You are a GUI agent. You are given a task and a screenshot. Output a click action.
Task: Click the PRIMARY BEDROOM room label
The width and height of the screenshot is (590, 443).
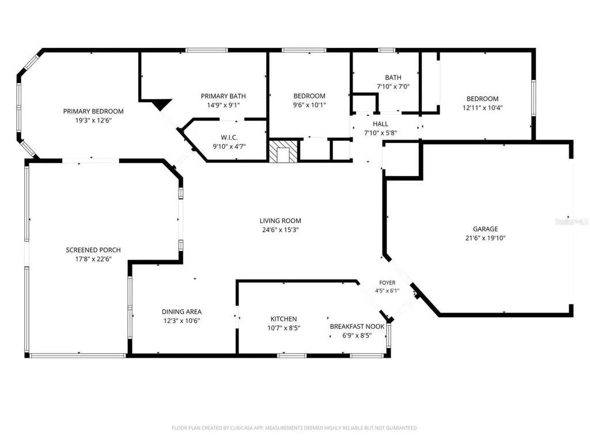pos(93,111)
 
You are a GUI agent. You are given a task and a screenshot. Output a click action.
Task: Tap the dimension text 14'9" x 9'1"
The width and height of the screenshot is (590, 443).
pos(223,105)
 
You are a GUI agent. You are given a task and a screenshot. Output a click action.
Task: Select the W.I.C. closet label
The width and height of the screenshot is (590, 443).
pos(229,137)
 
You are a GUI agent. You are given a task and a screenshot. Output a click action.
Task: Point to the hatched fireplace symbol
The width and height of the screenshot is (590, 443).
pos(283,152)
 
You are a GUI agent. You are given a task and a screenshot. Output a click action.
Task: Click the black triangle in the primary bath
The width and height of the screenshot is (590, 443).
pos(162,104)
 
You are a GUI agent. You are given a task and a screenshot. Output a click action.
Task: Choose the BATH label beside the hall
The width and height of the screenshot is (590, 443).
pos(393,77)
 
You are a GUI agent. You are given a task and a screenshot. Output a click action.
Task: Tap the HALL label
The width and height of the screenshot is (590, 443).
pos(380,123)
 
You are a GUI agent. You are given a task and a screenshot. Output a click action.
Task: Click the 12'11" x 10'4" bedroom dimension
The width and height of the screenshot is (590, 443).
pos(482,108)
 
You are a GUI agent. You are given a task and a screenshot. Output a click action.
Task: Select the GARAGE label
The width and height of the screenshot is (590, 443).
pos(485,228)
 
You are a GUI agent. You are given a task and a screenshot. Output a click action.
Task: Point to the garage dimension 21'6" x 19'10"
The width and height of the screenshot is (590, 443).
pos(485,238)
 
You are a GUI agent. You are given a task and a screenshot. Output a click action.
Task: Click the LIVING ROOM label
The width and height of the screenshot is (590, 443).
pos(281,221)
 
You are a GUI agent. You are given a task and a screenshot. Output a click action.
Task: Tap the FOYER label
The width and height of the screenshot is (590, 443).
pos(387,283)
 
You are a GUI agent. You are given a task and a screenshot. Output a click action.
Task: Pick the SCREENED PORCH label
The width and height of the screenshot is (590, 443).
pos(93,250)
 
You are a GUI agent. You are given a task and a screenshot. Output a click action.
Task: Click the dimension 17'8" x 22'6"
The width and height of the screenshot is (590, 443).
pos(93,259)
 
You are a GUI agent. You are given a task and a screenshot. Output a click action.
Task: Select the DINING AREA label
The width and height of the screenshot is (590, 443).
pos(181,311)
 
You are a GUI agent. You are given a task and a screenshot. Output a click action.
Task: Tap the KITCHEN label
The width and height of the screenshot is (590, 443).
pos(283,318)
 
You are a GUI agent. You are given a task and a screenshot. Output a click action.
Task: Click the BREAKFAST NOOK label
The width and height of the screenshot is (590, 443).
pos(357,326)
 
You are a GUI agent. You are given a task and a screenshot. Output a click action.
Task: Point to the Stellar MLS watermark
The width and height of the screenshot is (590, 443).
pos(572,222)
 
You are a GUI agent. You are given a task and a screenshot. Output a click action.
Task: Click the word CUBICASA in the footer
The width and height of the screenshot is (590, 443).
pos(241,428)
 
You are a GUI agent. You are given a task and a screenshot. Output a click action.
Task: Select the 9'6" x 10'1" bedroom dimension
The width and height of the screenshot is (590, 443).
pos(309,105)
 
